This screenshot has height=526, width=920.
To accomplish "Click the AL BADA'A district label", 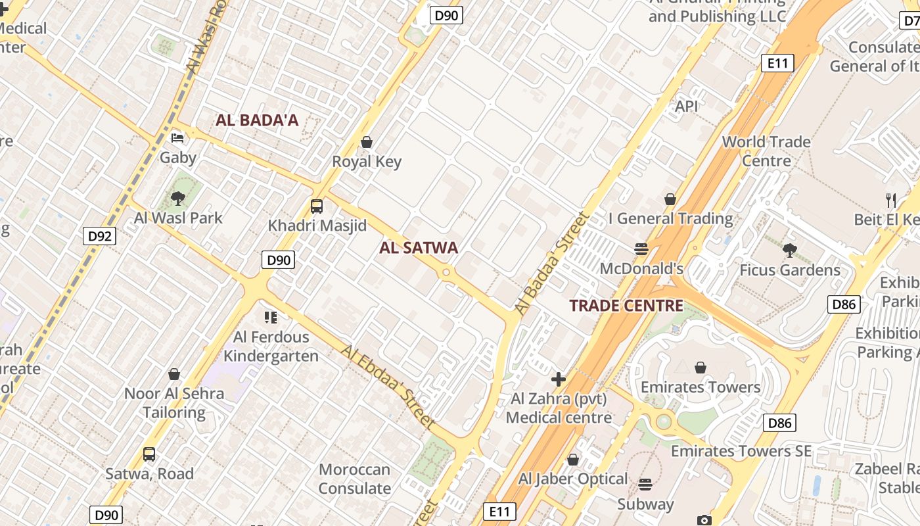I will pos(257,120).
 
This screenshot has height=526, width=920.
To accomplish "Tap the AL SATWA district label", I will pos(419,247).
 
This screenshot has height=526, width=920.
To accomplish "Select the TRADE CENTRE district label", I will pos(626,305).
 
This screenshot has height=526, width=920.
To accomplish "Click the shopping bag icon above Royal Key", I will pos(367,142).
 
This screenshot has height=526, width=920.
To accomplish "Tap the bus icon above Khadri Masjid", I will pos(317,206).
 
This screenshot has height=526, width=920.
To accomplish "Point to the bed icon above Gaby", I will pos(177,138).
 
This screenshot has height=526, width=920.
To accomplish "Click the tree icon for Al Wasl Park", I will pos(177,198).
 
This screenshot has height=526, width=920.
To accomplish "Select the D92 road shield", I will pos(100,236).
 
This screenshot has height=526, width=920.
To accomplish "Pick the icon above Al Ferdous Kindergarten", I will pos(270,318).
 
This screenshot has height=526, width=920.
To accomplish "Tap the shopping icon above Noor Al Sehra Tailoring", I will pos(174,374).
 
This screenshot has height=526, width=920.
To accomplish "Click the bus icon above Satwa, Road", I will pos(149,454).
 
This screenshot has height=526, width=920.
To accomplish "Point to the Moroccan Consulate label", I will pos(355,479).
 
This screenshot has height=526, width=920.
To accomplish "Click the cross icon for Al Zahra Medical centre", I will pos(559,379).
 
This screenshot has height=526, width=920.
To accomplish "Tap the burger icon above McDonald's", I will pos(641,249).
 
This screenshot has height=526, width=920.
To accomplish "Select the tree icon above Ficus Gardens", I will pos(790,250).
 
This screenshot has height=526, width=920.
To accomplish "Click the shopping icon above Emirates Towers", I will pos(701,367).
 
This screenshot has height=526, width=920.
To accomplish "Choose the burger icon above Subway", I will pos(645,485).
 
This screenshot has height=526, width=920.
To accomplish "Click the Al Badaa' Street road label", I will pos(550,263).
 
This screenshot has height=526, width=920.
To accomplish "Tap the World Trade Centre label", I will pos(766,151).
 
